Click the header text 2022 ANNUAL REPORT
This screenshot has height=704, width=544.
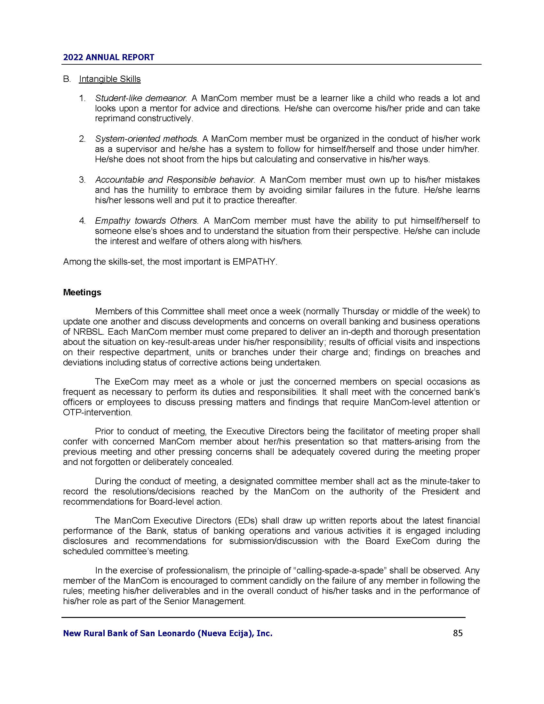pyautogui.click(x=108, y=57)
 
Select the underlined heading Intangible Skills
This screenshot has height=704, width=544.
pyautogui.click(x=109, y=79)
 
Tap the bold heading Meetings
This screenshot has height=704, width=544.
pyautogui.click(x=82, y=292)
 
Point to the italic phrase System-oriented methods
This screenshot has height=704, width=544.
pyautogui.click(x=146, y=139)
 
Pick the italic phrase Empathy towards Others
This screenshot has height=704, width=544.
pyautogui.click(x=146, y=221)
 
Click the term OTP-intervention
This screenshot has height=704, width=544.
pyautogui.click(x=97, y=412)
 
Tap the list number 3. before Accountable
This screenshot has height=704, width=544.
pyautogui.click(x=82, y=180)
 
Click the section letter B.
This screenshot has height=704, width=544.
pyautogui.click(x=67, y=79)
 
